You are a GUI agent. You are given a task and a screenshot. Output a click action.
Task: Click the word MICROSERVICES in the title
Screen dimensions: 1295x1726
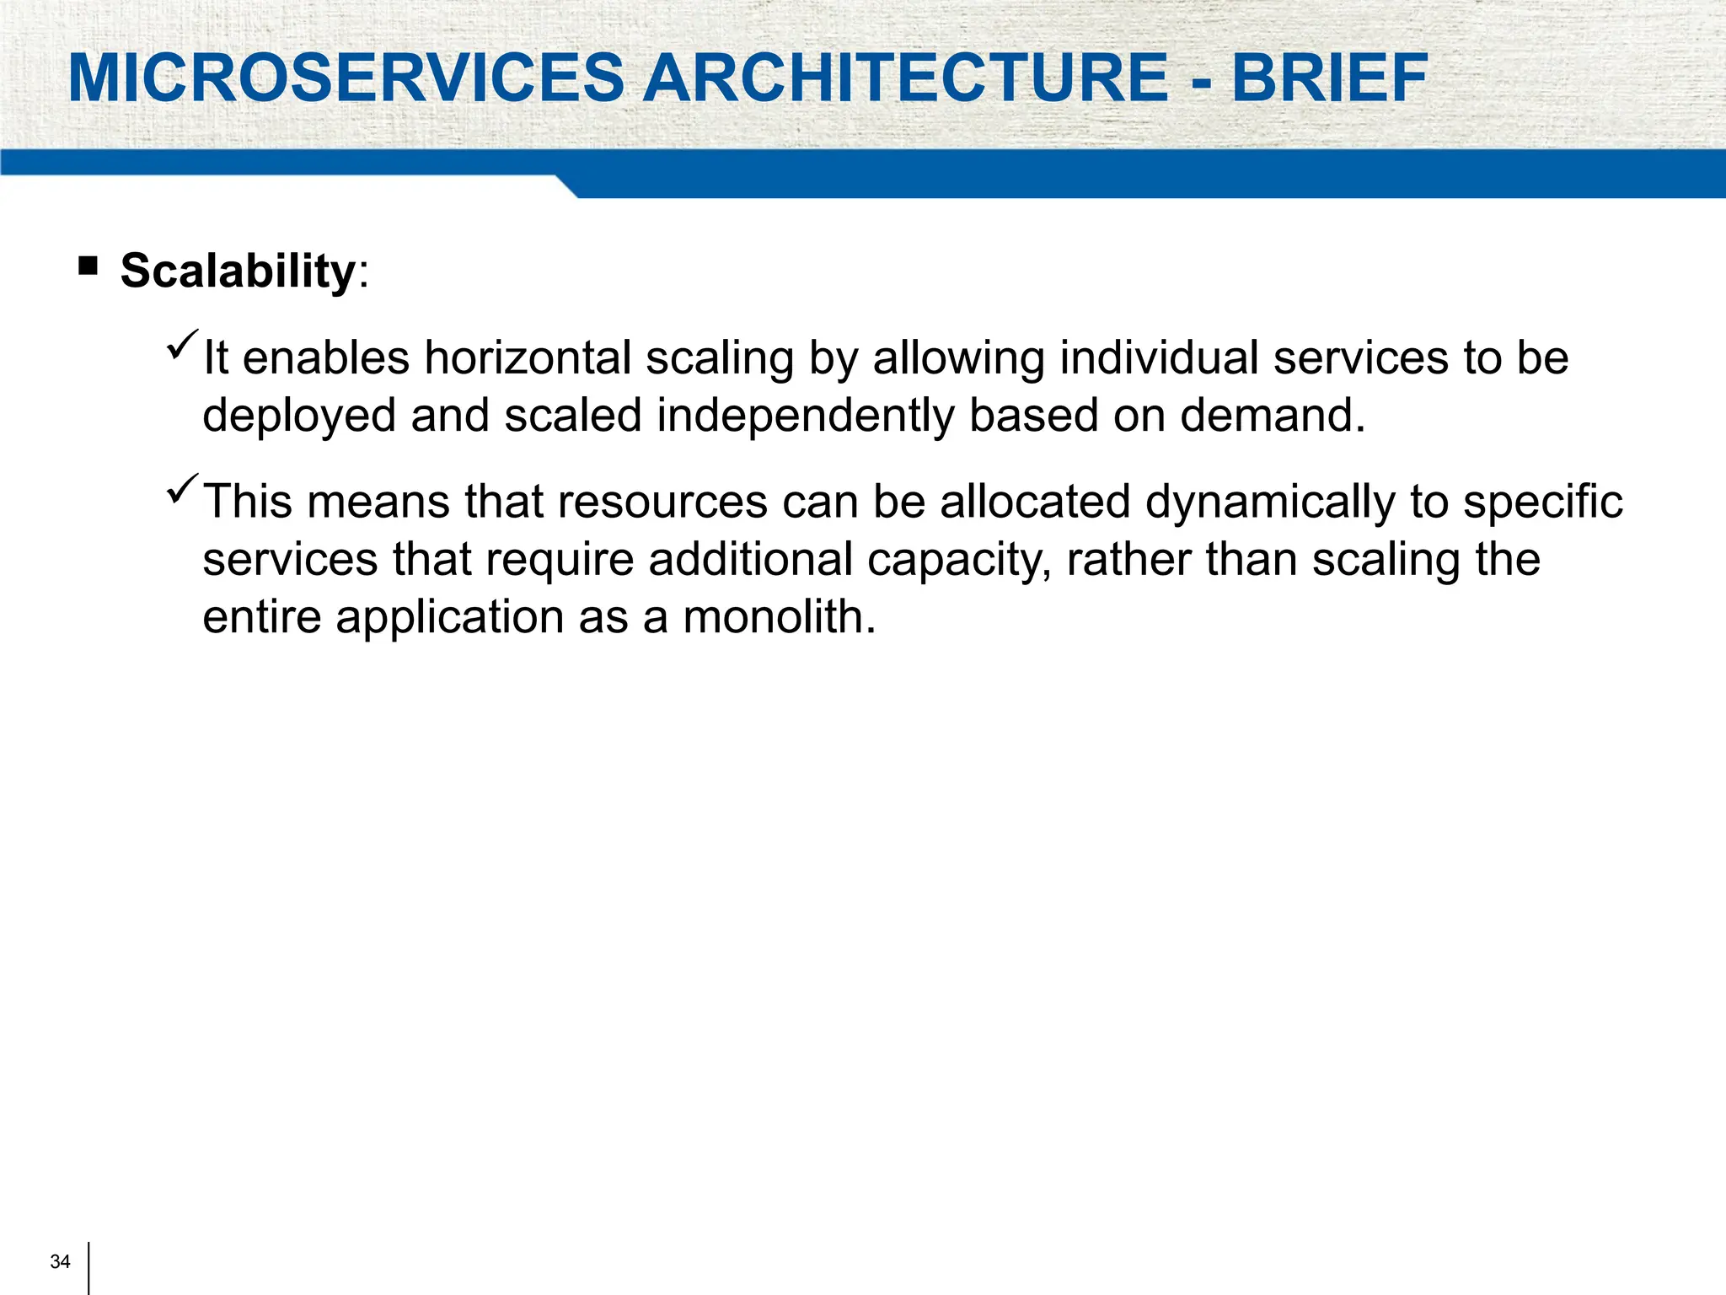[x=346, y=78]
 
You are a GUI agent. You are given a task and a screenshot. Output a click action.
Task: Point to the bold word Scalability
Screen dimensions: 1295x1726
[x=239, y=271]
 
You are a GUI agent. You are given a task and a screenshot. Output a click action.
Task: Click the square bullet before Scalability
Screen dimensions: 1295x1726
[x=88, y=267]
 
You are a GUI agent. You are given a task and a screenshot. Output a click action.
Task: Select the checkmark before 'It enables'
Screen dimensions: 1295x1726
[x=182, y=345]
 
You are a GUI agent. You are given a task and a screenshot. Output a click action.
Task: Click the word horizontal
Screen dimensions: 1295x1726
[x=528, y=357]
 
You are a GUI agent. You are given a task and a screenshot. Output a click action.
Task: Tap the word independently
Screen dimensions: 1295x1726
[x=805, y=416]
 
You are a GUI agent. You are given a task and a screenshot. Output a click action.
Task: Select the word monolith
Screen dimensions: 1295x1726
[x=779, y=617]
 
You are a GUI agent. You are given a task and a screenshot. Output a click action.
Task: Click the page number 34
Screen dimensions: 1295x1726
[x=60, y=1261]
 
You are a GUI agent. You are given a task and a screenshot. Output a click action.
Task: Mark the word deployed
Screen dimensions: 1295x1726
[x=299, y=416]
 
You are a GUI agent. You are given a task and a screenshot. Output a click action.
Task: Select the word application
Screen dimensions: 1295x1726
[x=449, y=617]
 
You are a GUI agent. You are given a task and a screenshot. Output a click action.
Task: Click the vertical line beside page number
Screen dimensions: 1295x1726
[x=88, y=1267]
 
